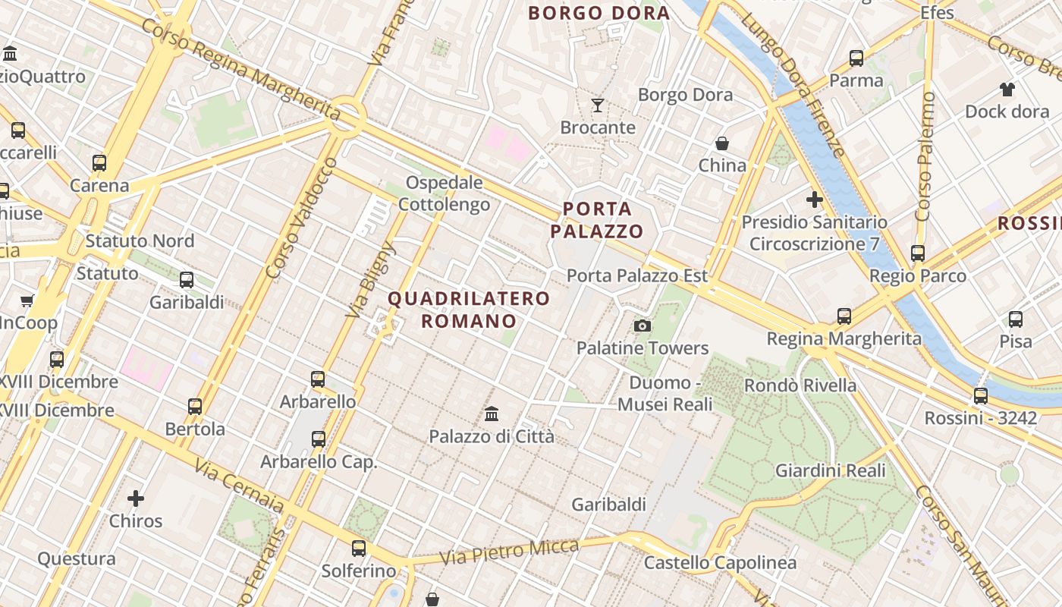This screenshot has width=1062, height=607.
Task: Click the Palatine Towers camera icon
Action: [643, 326]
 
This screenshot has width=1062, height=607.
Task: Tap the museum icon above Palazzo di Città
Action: [492, 414]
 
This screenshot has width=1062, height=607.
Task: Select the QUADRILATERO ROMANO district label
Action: [469, 310]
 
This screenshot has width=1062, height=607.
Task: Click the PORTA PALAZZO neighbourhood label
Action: [597, 220]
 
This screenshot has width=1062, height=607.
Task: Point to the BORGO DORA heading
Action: [599, 13]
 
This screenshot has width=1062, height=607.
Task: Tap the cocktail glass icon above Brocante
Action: [598, 105]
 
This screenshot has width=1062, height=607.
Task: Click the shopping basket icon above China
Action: [722, 143]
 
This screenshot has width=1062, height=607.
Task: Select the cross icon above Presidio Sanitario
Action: [814, 200]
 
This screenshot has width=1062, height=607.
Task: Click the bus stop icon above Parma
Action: [856, 58]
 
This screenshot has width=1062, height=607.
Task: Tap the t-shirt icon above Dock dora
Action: [1007, 90]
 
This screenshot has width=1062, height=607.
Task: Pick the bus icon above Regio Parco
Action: [918, 253]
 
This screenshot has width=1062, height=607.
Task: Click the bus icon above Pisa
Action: [1016, 319]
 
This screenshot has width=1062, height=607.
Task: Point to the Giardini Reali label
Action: [830, 471]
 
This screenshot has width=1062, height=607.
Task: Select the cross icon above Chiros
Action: [136, 498]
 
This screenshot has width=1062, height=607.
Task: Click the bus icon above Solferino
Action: [359, 549]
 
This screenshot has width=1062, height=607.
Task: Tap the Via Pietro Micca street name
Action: [509, 552]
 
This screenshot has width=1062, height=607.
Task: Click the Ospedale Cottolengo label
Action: [445, 193]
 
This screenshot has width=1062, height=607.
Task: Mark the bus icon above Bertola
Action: [195, 407]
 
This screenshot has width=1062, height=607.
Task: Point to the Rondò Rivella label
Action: [800, 385]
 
